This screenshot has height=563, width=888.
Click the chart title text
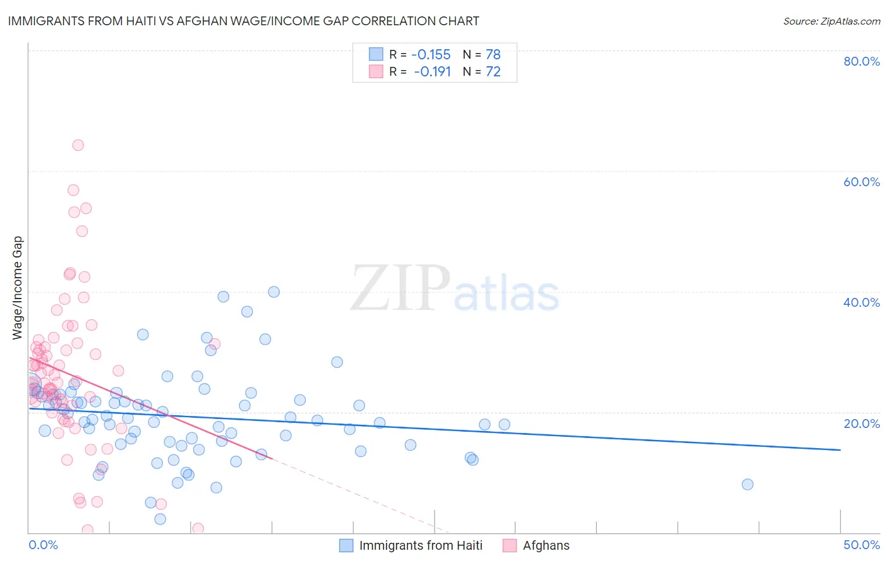coord(243,21)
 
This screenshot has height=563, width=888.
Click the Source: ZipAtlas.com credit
coord(831,21)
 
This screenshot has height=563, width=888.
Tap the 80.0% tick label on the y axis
coord(861,61)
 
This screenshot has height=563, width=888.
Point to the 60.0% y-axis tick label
coord(861,182)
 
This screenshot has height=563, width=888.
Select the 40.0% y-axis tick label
coord(861,302)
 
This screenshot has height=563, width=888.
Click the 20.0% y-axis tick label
coord(861,423)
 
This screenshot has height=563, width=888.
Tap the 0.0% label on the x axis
coord(43,545)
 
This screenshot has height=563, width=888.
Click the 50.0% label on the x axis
coord(861,545)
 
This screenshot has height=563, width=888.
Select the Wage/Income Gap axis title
coord(18,288)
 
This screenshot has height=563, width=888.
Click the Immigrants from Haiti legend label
coord(421,545)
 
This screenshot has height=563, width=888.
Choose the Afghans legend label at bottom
coord(546,545)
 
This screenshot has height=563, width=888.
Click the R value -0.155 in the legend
coord(431,54)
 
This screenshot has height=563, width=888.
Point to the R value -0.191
coord(432,71)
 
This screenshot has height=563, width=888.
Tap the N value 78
coord(493,54)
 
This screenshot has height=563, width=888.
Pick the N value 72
coord(493,71)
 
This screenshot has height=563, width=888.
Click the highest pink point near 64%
coord(78,145)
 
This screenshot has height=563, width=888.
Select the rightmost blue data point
coord(747,484)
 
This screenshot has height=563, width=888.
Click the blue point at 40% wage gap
coord(273,292)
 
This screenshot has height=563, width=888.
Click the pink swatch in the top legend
coord(376,71)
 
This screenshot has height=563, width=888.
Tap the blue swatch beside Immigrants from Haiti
coord(346,545)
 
